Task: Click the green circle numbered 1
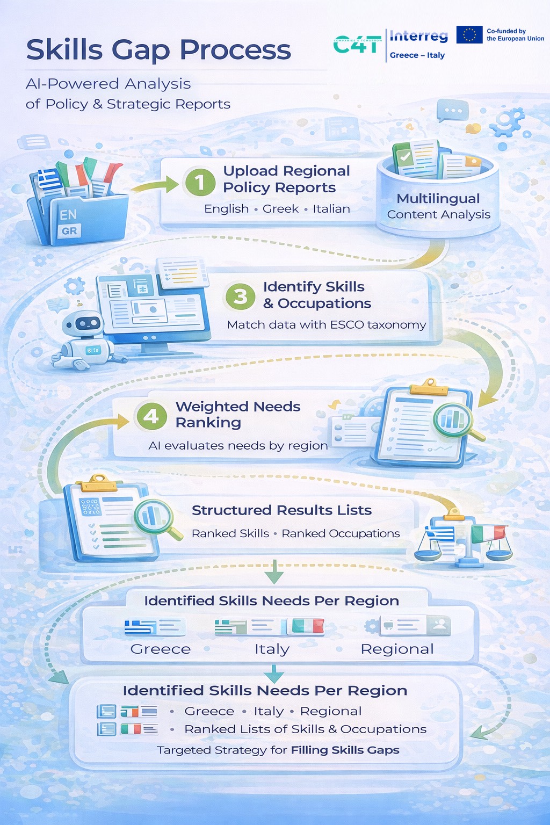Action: pos(200,182)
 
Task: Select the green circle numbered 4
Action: pos(151,416)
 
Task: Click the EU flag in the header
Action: pos(469,34)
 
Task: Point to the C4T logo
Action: pos(357,45)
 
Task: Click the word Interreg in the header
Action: pos(419,36)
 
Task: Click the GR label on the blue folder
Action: pos(69,231)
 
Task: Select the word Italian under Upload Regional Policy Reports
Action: pos(331,209)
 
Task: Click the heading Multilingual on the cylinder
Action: pos(438,199)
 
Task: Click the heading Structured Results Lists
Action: pos(281,510)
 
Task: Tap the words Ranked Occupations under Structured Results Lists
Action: pos(341,533)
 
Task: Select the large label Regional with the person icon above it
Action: pos(397,649)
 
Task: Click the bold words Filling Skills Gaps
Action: pos(345,750)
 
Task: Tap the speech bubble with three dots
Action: pos(452,110)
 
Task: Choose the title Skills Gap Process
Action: pos(158,50)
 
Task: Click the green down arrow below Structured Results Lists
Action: pos(274,571)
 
